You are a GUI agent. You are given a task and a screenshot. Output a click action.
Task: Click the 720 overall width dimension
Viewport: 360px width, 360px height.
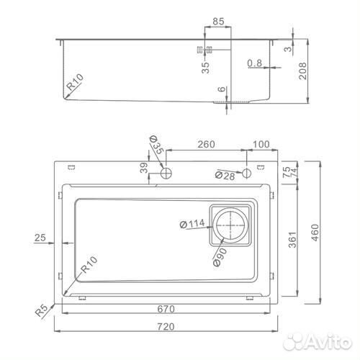[x=166, y=327]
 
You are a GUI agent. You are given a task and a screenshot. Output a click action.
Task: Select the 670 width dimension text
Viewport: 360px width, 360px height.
[x=166, y=309]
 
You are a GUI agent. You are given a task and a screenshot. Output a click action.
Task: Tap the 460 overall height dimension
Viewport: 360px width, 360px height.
[x=315, y=233]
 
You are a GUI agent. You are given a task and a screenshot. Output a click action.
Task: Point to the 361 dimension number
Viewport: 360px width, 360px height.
[x=292, y=240]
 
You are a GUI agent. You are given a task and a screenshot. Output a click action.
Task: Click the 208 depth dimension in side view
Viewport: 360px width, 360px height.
[x=302, y=71]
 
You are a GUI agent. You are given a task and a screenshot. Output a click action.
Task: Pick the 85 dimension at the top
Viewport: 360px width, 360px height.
[x=218, y=22]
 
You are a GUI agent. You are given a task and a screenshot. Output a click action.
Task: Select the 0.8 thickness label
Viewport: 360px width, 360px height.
[x=255, y=63]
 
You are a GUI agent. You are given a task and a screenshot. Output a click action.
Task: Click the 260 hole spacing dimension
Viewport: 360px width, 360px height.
[x=206, y=144]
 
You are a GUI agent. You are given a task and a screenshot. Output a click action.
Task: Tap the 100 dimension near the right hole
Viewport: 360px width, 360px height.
[x=261, y=144]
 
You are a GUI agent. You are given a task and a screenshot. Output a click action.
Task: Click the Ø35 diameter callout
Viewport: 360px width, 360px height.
[x=156, y=145]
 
